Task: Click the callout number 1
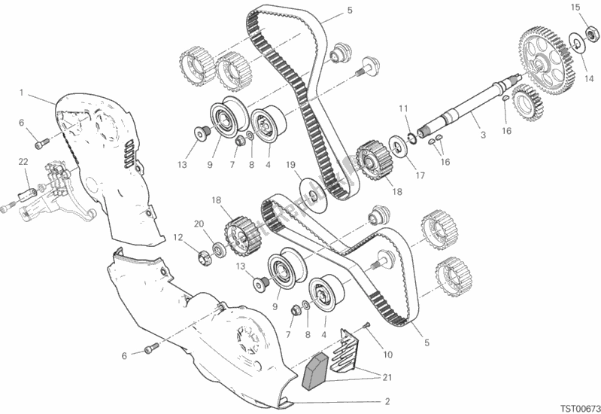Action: click(23, 93)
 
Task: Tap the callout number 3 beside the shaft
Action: click(483, 135)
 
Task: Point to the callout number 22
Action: click(23, 160)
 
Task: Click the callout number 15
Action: click(575, 8)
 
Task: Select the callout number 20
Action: click(199, 223)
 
